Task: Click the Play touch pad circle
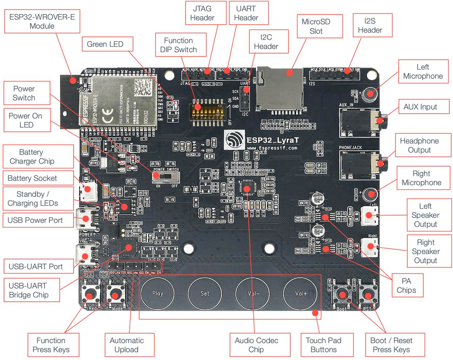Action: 158,293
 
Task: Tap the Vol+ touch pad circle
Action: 301,293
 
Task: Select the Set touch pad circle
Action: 205,293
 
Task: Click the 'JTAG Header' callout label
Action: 202,13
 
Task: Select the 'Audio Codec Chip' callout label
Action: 256,345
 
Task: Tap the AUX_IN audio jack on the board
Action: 360,123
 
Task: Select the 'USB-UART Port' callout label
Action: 36,266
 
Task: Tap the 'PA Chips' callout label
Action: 406,285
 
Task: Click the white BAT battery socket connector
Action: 89,193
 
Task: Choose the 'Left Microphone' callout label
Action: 423,72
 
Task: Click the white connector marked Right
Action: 369,247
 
